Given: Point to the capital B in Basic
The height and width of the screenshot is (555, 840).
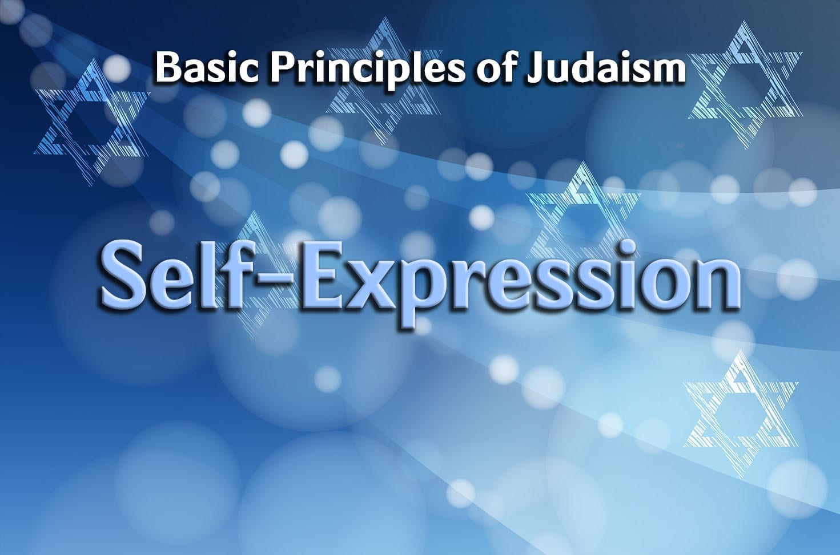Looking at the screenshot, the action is pyautogui.click(x=169, y=67).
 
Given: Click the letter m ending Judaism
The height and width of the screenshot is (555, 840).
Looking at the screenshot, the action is pyautogui.click(x=665, y=71).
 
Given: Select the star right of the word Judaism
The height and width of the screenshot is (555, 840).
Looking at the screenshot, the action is pyautogui.click(x=745, y=84).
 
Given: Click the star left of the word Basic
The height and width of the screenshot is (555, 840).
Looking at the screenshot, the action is pyautogui.click(x=92, y=121).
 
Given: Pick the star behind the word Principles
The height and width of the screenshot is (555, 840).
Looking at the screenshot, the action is pyautogui.click(x=383, y=80).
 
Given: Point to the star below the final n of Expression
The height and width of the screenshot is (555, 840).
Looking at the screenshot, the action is pyautogui.click(x=741, y=414).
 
